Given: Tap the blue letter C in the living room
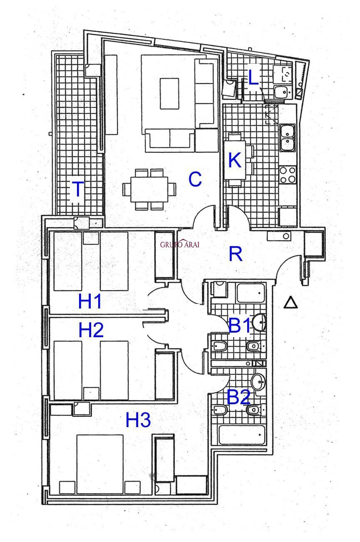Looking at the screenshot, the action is (195, 179).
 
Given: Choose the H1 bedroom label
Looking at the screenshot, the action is (90, 301).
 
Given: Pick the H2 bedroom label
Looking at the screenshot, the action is (91, 330).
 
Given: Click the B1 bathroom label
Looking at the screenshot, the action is (240, 326).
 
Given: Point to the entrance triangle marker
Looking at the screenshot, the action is (290, 303).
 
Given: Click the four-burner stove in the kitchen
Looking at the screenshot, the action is (288, 174).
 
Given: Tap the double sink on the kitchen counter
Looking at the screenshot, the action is (288, 137).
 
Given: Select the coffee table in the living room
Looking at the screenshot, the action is (169, 94).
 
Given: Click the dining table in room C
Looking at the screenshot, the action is (149, 189).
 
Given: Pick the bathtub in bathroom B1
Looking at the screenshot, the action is (251, 293).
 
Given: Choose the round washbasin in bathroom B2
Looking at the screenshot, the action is (258, 382).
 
